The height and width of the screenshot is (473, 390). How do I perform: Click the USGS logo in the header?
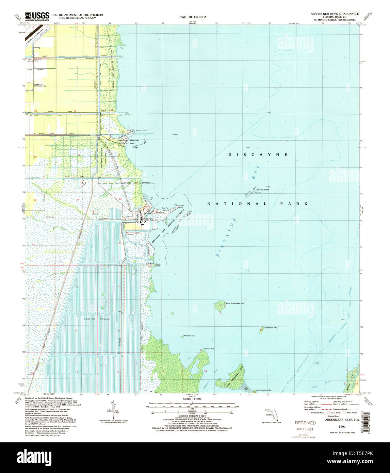[37, 16]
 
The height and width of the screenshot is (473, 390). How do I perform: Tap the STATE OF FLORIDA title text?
[192, 17]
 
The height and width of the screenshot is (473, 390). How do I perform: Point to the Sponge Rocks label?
[263, 190]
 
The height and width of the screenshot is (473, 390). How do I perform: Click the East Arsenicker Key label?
[264, 390]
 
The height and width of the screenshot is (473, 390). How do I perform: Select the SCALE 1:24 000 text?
[192, 398]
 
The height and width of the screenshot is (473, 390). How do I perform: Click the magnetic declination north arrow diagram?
[113, 410]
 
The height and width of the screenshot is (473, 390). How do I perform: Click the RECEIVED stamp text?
[305, 423]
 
